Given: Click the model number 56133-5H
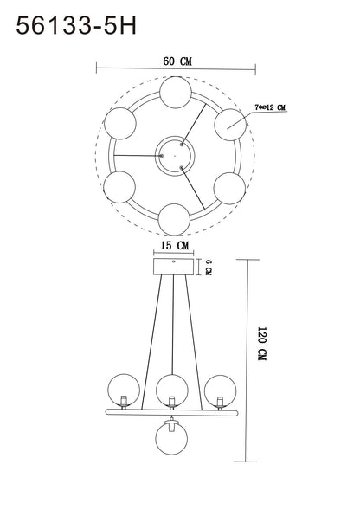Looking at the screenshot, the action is tap(76, 26).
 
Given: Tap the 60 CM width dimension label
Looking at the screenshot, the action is tap(177, 61).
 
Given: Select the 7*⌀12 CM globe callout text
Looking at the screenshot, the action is tap(270, 107).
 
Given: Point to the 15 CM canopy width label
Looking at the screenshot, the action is tap(174, 245).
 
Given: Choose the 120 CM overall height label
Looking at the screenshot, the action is tap(262, 344).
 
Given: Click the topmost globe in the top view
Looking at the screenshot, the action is tap(176, 93).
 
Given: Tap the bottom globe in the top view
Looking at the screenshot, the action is tap(174, 220).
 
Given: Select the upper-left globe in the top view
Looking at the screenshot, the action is tap(120, 124).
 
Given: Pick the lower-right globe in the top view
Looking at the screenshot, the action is tap(229, 188).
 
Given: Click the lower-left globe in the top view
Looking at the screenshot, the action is tap(119, 187).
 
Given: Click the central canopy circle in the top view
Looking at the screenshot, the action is tap(175, 156).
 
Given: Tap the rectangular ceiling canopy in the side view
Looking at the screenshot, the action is tap(174, 267).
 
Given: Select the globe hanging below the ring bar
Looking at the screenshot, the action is tap(171, 438).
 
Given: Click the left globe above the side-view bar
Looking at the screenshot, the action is tap(124, 391).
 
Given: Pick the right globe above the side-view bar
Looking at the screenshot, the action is tap(220, 391).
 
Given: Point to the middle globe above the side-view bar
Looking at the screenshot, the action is tap(171, 391).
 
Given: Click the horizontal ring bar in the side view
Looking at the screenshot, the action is tap(171, 413).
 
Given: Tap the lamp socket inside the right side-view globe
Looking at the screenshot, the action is tap(220, 403).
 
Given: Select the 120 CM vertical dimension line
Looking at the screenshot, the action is tap(247, 360).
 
